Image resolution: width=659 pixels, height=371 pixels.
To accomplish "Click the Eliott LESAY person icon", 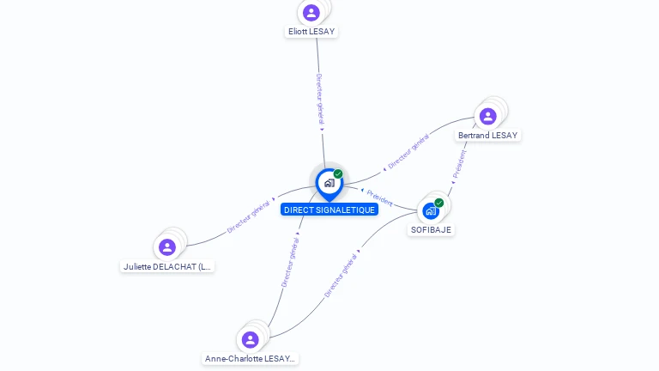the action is [x=311, y=13].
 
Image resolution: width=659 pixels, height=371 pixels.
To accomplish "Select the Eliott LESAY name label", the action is [x=311, y=32].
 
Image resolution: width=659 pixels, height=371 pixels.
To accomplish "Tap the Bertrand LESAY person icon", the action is [x=488, y=116].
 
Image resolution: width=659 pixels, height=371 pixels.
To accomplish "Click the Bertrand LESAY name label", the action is [x=488, y=136].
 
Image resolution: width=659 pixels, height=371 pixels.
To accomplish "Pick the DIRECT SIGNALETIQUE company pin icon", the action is [x=329, y=183].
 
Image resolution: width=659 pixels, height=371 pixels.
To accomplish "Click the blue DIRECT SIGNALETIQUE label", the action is [x=329, y=210].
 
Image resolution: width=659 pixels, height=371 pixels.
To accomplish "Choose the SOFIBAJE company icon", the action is [x=431, y=210].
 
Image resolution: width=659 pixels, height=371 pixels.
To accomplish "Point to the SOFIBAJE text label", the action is [x=431, y=229].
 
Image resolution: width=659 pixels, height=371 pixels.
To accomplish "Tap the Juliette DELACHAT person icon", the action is [x=167, y=247].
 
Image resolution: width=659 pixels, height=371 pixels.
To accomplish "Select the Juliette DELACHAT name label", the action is [x=167, y=267].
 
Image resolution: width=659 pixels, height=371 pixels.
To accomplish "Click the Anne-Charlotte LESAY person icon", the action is [x=251, y=339].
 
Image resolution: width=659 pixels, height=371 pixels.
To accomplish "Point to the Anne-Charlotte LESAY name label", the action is [x=251, y=359].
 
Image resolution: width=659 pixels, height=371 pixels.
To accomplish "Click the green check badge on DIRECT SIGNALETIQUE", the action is [x=338, y=174].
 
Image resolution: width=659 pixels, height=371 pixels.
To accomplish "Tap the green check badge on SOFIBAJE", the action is [x=439, y=203].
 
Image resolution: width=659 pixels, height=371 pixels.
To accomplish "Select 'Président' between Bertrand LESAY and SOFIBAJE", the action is [x=460, y=164].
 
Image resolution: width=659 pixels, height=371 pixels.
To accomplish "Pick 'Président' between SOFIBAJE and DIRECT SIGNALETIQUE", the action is [x=379, y=198].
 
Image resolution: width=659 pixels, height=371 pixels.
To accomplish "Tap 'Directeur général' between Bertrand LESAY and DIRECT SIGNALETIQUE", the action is [x=408, y=151].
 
